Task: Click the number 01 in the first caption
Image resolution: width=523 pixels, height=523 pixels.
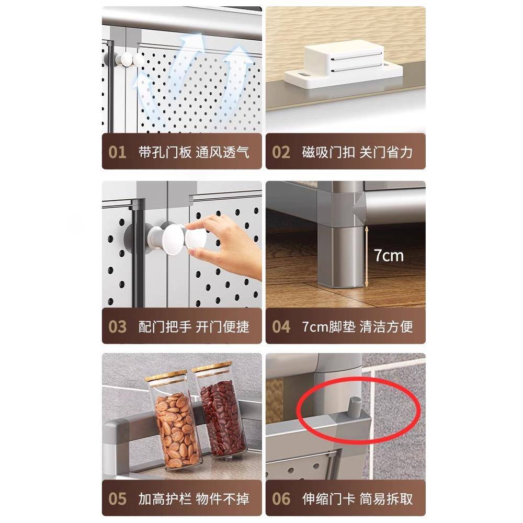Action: [x=118, y=152]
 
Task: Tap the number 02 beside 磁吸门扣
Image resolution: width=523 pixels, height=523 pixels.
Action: [x=281, y=152]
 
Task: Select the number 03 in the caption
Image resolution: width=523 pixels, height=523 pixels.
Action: [x=118, y=326]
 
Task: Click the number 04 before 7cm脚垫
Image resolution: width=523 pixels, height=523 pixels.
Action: [x=281, y=326]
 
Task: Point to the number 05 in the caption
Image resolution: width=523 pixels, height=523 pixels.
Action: [x=118, y=498]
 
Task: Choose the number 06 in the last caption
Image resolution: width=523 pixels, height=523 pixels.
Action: [x=281, y=498]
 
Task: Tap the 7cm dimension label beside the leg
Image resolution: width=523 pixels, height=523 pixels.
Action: [x=389, y=255]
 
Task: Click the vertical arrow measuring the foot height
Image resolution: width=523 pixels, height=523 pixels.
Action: [x=367, y=256]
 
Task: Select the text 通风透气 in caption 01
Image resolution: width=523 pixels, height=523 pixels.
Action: [x=223, y=152]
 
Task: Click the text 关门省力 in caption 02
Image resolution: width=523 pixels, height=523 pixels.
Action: [x=386, y=152]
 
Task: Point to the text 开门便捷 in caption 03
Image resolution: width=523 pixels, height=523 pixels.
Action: [x=223, y=326]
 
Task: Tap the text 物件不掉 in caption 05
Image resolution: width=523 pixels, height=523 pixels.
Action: [x=223, y=498]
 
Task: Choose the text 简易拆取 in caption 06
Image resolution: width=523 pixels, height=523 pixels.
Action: [x=386, y=498]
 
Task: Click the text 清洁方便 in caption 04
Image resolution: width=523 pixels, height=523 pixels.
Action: [x=386, y=326]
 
